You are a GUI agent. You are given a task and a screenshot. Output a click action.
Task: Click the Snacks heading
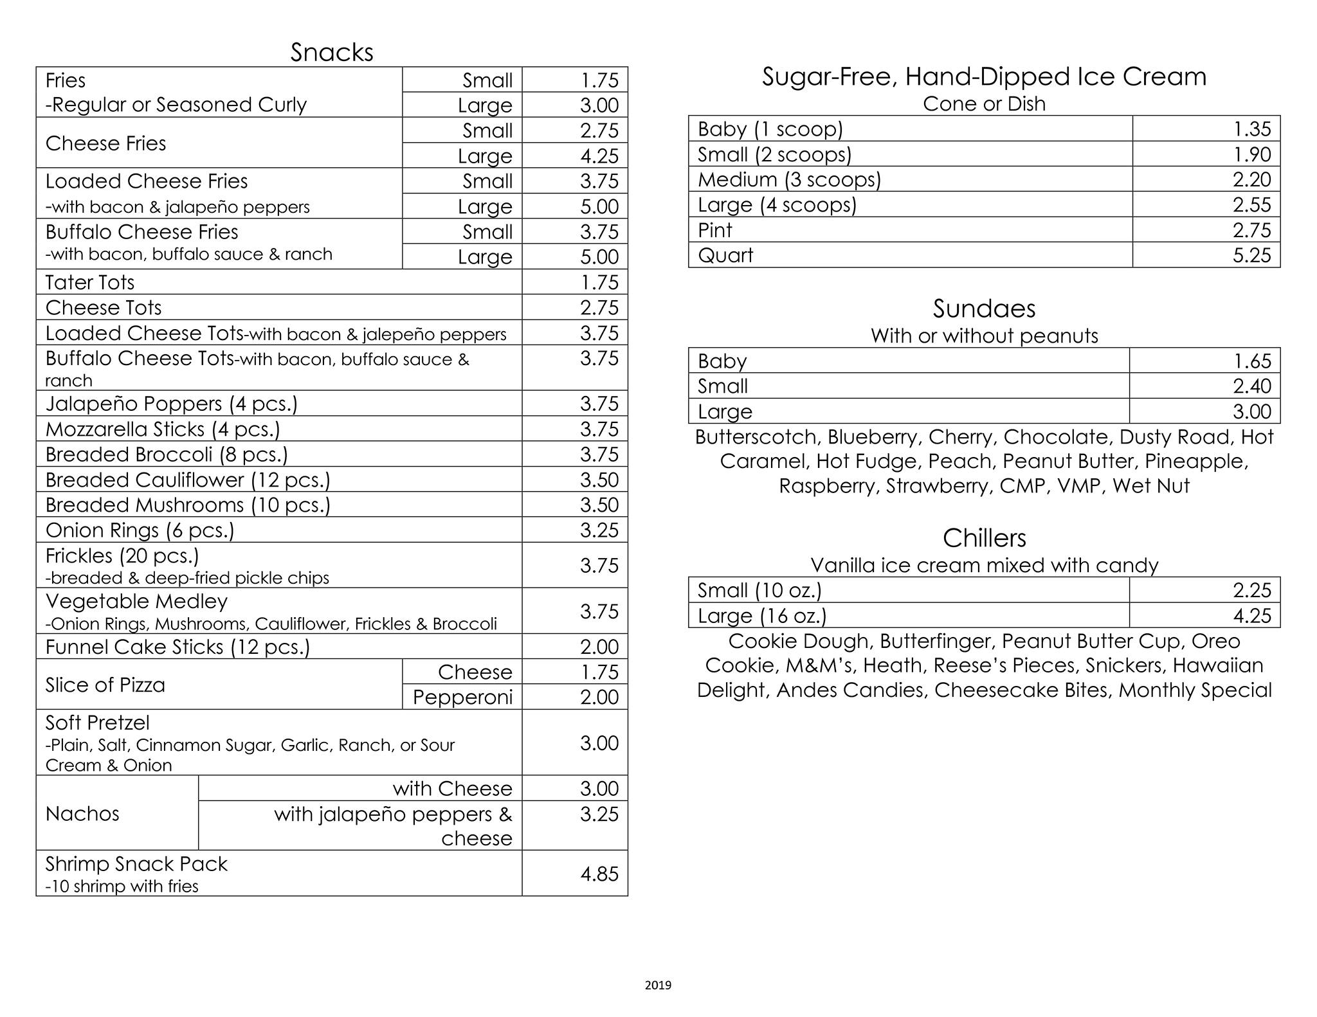pos(331,52)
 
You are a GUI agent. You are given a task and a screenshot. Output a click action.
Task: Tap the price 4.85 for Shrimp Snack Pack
pos(599,874)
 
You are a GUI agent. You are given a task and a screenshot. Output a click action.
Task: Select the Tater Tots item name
pos(90,282)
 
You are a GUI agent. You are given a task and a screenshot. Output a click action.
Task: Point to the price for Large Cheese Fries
pos(599,156)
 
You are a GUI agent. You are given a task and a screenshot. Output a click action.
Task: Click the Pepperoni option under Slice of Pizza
pos(462,697)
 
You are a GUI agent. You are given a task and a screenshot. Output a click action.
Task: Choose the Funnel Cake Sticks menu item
pos(177,647)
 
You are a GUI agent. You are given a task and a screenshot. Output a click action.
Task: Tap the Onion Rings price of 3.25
pos(599,530)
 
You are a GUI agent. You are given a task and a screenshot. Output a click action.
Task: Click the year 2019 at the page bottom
pos(658,985)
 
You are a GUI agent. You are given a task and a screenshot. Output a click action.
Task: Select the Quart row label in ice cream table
pos(725,255)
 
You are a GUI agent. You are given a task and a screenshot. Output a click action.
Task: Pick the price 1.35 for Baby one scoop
pos(1251,129)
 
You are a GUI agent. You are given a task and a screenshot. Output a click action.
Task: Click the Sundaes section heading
pos(984,309)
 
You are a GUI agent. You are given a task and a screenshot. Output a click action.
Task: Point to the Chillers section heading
pos(984,538)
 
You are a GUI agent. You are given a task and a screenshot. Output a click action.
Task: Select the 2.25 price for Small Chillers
pos(1251,590)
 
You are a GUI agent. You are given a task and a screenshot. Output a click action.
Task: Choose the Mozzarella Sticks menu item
pos(163,429)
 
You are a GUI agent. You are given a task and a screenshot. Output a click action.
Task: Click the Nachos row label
pos(82,814)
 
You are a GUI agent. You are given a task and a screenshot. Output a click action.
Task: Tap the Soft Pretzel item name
pos(98,723)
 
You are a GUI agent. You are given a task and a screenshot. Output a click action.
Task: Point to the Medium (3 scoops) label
pos(789,179)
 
